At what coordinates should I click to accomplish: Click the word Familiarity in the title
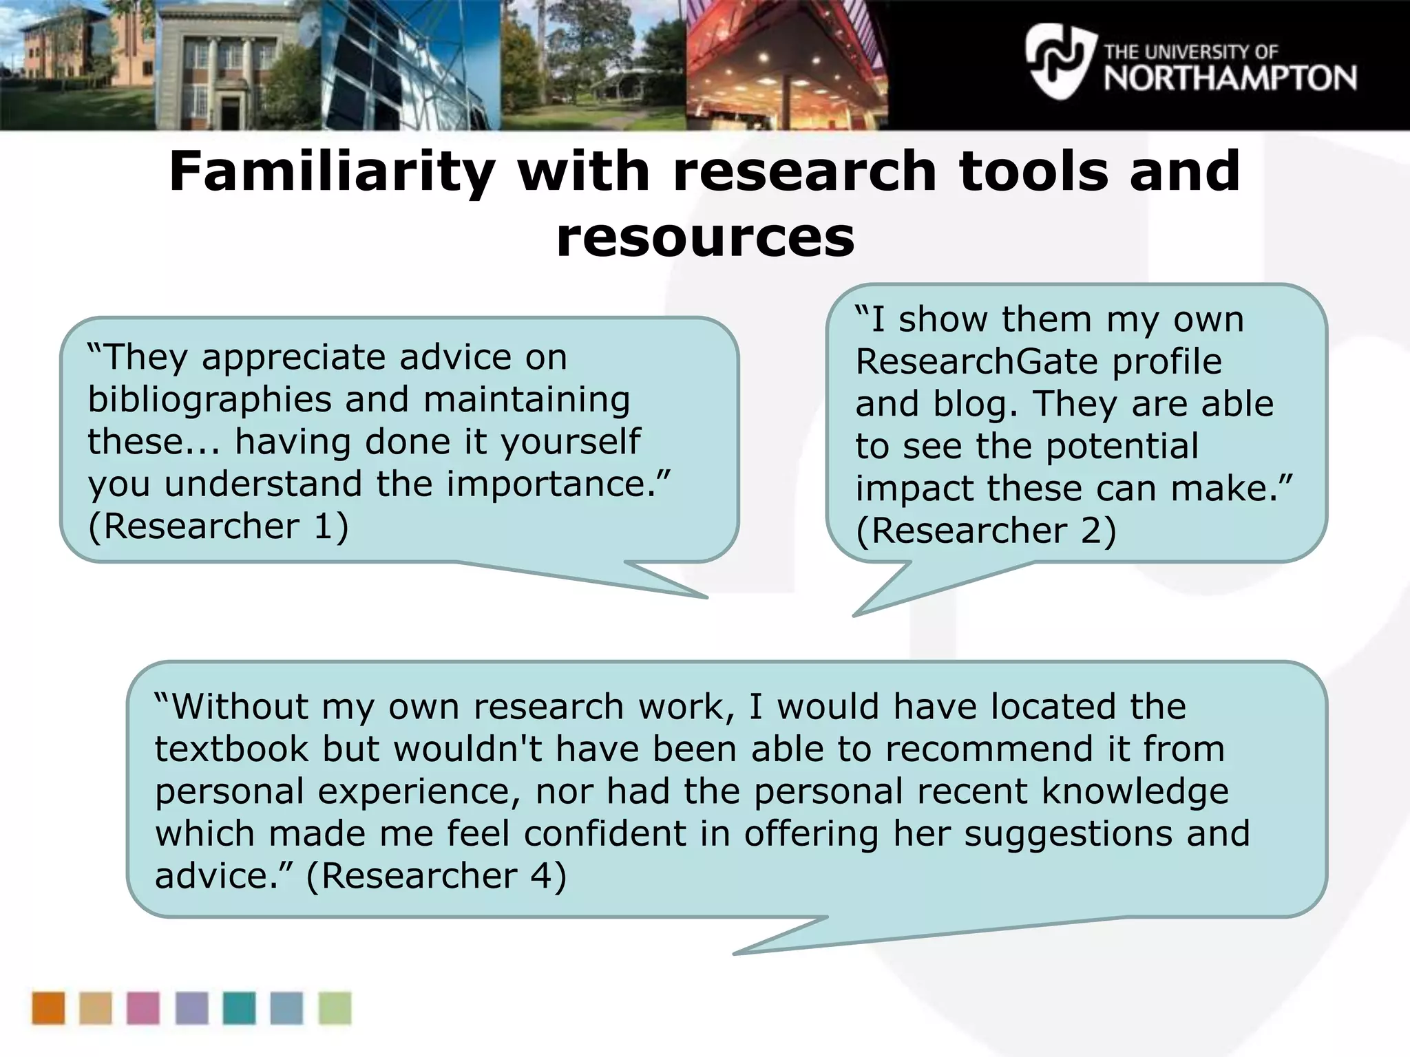coord(331,171)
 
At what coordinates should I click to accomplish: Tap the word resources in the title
coord(705,237)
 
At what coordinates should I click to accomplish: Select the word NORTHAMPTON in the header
coord(1230,78)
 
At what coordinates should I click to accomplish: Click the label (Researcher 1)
coord(218,526)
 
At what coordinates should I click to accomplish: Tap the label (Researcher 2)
coord(985,531)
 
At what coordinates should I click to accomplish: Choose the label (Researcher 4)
coord(436,876)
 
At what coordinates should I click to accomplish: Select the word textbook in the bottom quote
coord(231,749)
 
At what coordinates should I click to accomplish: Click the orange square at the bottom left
coord(48,1008)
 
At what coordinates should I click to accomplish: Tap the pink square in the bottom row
coord(143,1008)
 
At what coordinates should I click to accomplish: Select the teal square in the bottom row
coord(239,1008)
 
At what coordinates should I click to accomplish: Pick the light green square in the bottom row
coord(335,1008)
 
